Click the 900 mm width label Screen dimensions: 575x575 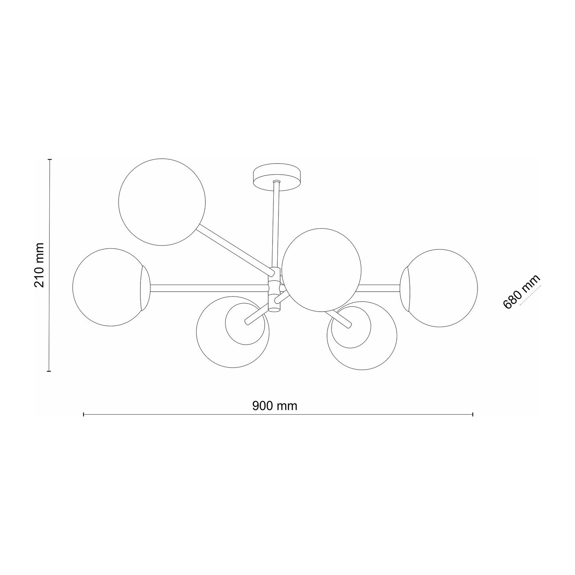click(275, 406)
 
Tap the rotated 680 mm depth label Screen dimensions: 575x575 click(521, 292)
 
